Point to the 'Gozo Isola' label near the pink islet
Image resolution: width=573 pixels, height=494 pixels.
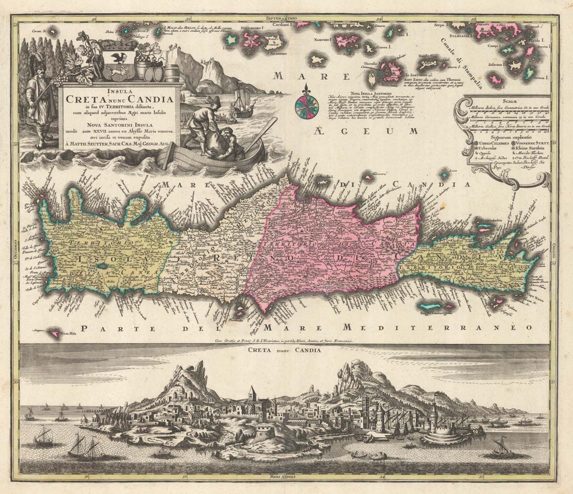click(x=69, y=334)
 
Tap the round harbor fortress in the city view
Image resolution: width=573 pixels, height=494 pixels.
click(x=438, y=435)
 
